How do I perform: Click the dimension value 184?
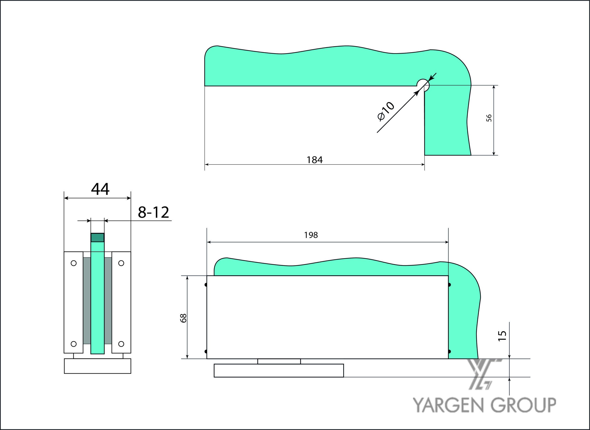point(315,160)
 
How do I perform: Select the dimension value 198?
point(311,235)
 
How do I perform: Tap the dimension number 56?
point(489,118)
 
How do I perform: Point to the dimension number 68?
point(183,318)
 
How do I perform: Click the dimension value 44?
point(100,189)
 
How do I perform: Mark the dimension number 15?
point(502,336)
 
